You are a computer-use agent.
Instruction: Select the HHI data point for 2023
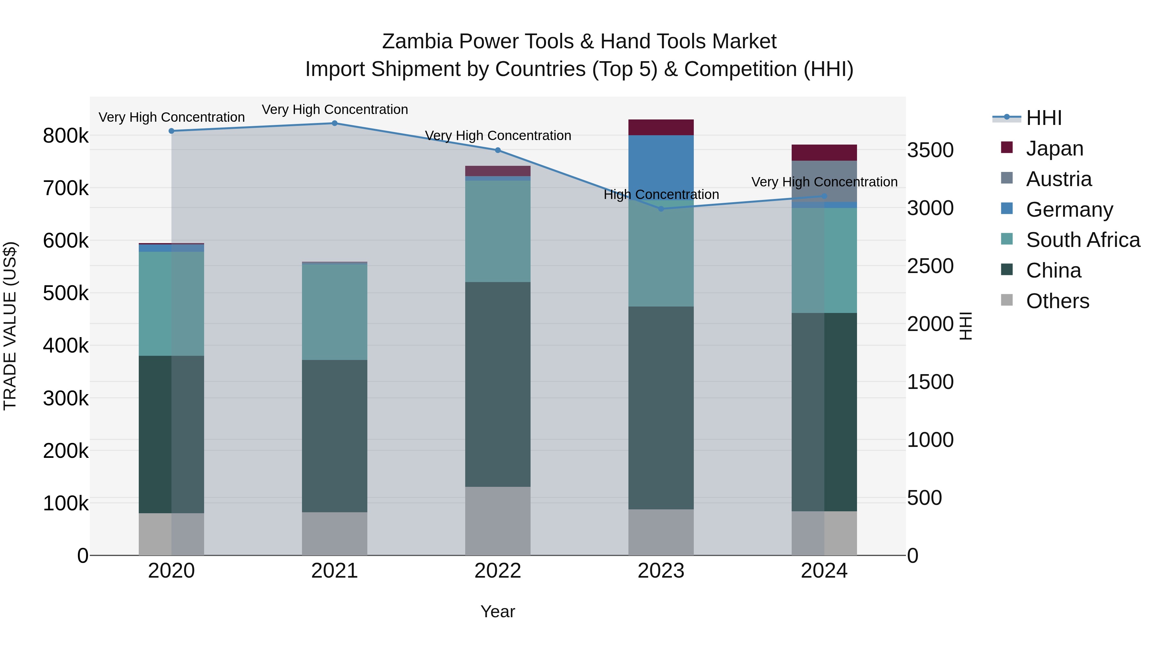point(661,209)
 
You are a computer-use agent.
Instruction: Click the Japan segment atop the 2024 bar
point(824,153)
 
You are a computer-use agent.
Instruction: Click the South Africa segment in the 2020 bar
point(171,303)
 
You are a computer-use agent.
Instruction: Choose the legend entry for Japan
point(1054,148)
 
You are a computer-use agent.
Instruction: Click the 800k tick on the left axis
point(66,136)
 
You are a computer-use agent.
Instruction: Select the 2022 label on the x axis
point(498,571)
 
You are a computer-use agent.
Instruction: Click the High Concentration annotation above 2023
point(661,194)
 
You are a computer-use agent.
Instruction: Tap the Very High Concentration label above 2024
point(824,182)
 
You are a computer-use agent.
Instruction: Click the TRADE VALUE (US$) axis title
point(10,326)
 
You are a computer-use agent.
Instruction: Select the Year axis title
point(498,611)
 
